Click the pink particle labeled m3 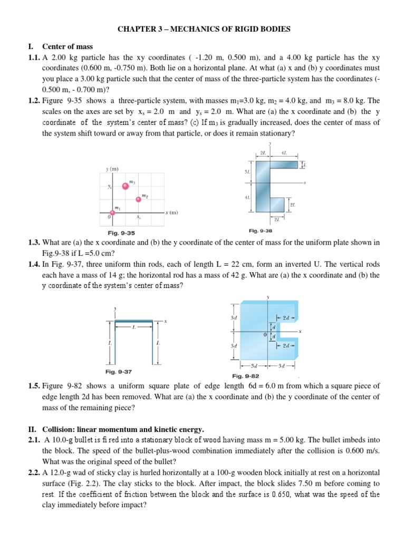pos(125,186)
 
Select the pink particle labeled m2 pos(138,199)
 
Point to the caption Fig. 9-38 pos(261,230)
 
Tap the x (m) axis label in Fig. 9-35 pos(171,213)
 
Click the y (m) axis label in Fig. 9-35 pos(112,169)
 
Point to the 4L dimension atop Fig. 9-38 pos(284,153)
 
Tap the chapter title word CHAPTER pos(134,28)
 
